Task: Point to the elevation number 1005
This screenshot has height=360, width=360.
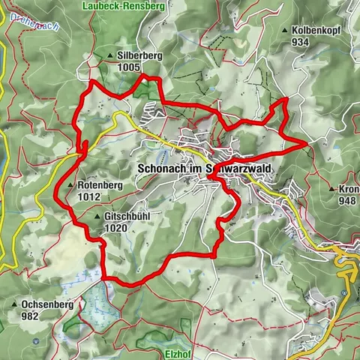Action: pos(129,67)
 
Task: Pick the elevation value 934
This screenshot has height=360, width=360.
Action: pos(301,42)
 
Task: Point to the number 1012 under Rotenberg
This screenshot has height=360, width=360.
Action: pos(88,196)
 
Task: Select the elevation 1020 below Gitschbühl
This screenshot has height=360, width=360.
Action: pos(115,228)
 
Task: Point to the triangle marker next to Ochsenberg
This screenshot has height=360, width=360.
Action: pos(15,305)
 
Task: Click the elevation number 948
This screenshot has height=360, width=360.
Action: pos(346,201)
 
